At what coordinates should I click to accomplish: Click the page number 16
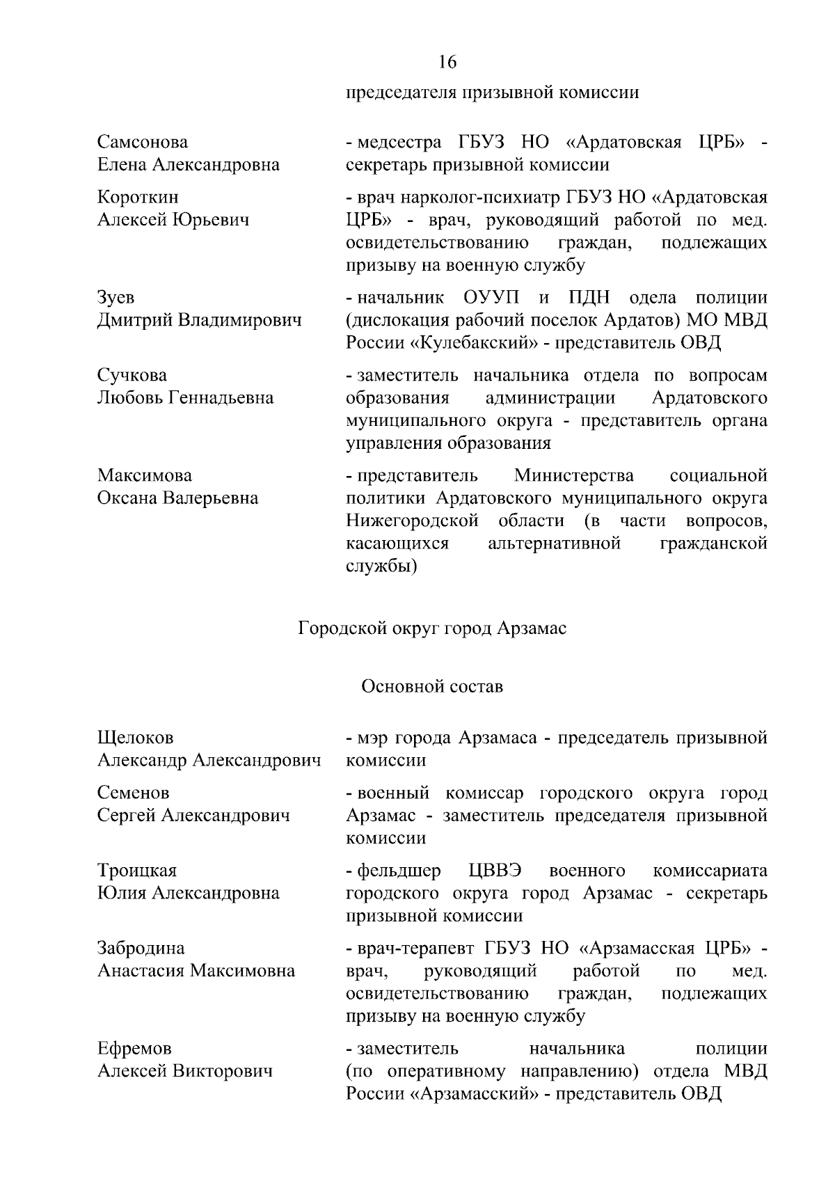(x=447, y=63)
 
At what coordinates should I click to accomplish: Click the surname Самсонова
(x=142, y=142)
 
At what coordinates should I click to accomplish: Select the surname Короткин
(x=138, y=198)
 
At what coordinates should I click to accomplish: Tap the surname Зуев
(x=116, y=298)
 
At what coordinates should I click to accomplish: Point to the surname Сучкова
(x=132, y=376)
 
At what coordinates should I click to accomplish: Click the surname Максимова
(x=144, y=476)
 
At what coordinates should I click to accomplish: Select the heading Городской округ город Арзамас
(x=432, y=628)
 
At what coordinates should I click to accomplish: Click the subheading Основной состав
(x=431, y=687)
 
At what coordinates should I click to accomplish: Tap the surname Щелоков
(x=136, y=738)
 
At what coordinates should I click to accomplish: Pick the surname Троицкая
(x=137, y=871)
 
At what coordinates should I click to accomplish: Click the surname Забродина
(x=141, y=949)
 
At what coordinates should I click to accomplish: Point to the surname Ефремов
(x=134, y=1049)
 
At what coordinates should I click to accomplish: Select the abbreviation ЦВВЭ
(x=497, y=871)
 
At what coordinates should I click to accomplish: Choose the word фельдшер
(x=399, y=871)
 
